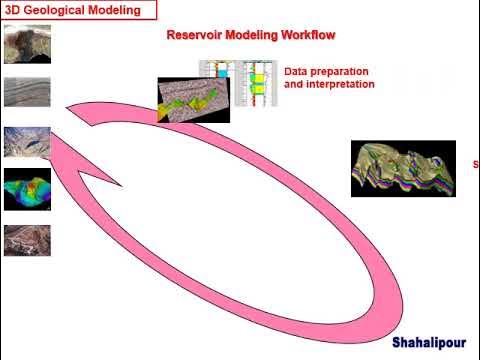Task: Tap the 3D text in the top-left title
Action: coord(14,11)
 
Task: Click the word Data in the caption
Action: coord(298,72)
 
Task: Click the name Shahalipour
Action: coord(427,341)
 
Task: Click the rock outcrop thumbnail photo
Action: coord(27,44)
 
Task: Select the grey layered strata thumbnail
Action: coord(27,93)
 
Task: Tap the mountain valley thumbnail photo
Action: coord(27,142)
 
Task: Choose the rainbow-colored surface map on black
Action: coord(27,190)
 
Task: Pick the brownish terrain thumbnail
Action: coord(27,240)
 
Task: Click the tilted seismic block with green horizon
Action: coord(193,100)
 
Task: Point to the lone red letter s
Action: coord(475,164)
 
